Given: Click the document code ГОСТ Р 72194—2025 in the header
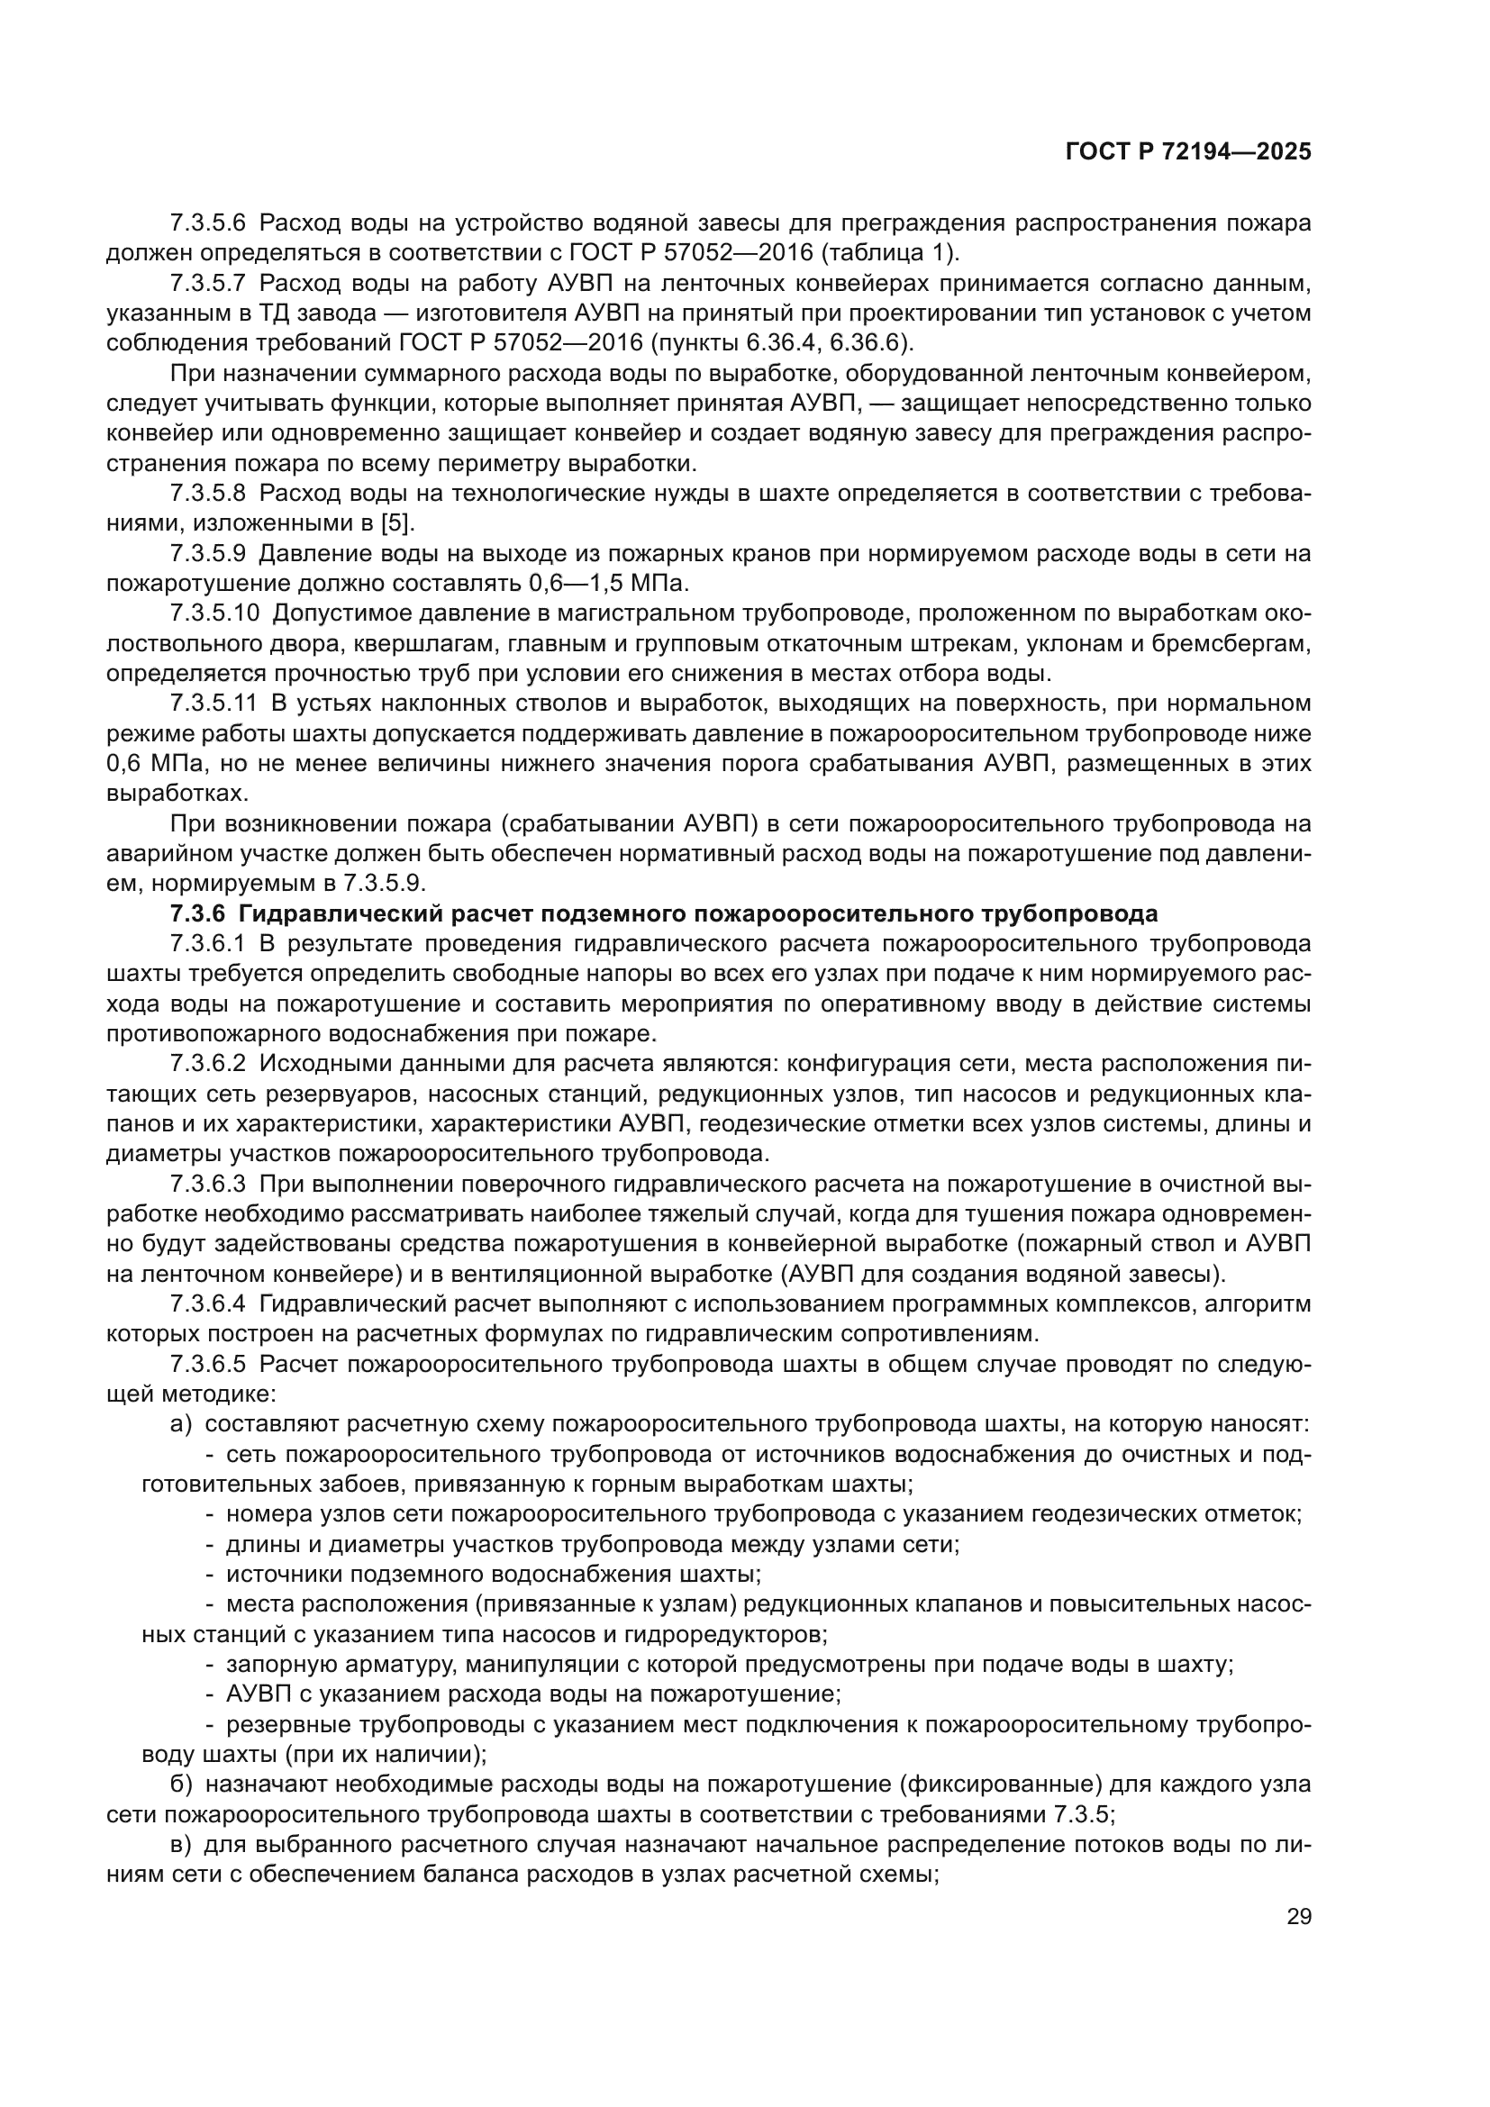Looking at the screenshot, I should click(1188, 152).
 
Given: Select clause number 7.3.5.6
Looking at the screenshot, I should click(207, 223).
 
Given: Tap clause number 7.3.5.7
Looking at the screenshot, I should click(207, 284).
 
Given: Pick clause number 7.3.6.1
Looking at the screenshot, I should click(207, 944).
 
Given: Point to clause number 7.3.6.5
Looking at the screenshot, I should click(207, 1364).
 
